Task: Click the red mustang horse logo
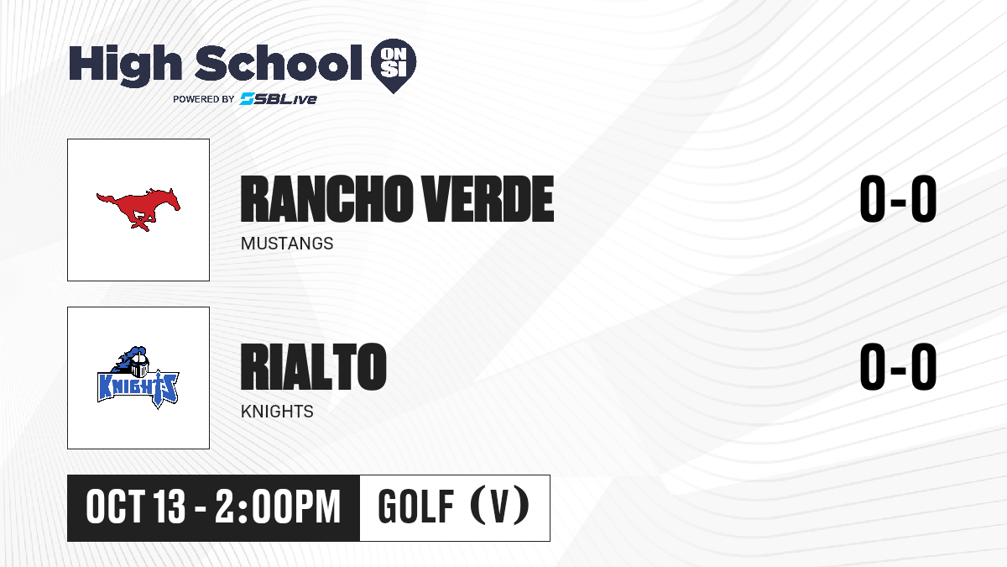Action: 138,209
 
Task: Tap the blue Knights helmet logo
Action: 138,377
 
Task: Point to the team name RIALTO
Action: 313,366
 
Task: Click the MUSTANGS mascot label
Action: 287,244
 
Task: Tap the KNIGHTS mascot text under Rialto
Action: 277,412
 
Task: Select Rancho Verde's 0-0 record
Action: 898,199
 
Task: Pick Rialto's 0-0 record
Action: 898,366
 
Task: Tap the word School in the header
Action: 279,63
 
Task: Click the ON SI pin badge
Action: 394,66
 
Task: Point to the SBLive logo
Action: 278,99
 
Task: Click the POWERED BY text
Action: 204,99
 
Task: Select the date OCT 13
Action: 135,507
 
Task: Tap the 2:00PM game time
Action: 278,507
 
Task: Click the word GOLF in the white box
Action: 416,507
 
